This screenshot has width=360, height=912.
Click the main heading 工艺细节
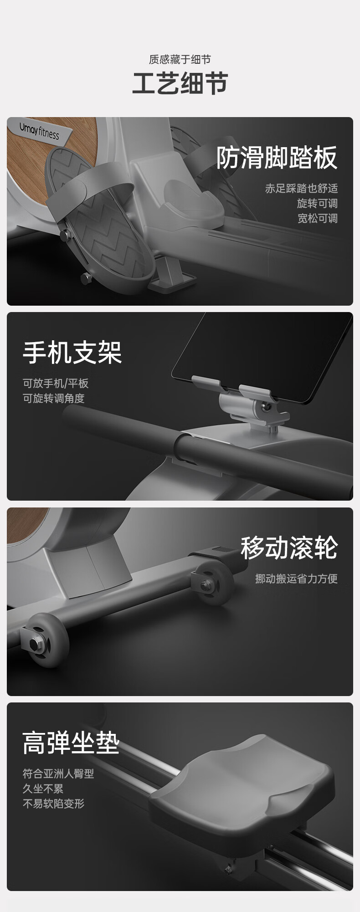[180, 83]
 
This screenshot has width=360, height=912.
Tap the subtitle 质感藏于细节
[180, 59]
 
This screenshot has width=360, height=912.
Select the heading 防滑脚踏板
[277, 158]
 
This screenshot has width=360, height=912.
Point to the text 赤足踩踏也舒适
[301, 189]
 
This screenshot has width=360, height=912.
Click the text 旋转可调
[317, 203]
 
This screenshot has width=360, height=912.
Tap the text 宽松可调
[317, 218]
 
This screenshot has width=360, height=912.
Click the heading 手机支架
[72, 353]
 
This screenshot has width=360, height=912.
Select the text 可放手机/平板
[56, 384]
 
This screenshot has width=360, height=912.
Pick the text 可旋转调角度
[54, 398]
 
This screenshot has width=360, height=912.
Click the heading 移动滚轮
[289, 548]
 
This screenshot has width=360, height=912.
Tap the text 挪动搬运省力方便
[296, 579]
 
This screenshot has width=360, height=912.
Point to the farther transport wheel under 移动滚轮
[214, 583]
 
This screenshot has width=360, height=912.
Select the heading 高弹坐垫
[71, 743]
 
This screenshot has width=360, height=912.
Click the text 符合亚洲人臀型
[58, 774]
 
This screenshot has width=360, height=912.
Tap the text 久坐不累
[43, 789]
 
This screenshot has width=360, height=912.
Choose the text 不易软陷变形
[54, 804]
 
